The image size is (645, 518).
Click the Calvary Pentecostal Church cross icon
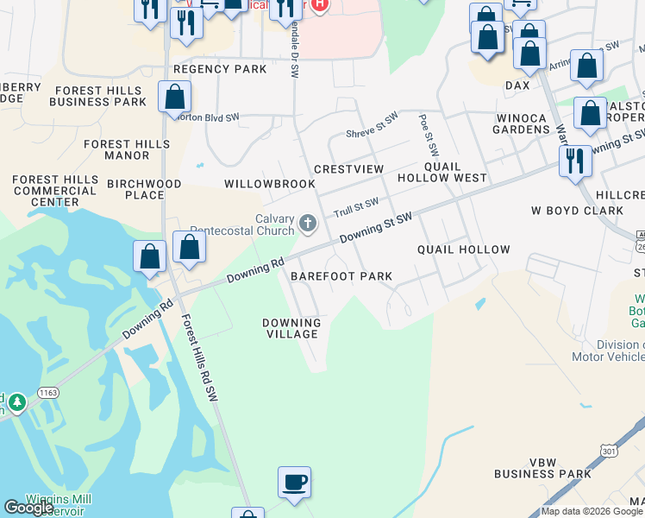point(307,225)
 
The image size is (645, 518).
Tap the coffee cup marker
point(294,482)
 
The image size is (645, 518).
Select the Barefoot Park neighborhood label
point(341,276)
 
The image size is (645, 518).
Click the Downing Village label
point(292,328)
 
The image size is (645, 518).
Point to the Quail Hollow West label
point(441,172)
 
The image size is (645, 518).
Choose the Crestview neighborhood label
point(348,169)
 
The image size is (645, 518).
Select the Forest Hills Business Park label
point(98,96)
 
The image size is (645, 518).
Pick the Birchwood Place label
point(144,189)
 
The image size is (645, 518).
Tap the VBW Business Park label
point(542,467)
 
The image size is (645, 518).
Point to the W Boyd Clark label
point(577,210)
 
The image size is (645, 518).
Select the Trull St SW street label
point(356,207)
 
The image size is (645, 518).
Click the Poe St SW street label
point(429,136)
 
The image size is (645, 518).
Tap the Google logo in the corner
point(29,508)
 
